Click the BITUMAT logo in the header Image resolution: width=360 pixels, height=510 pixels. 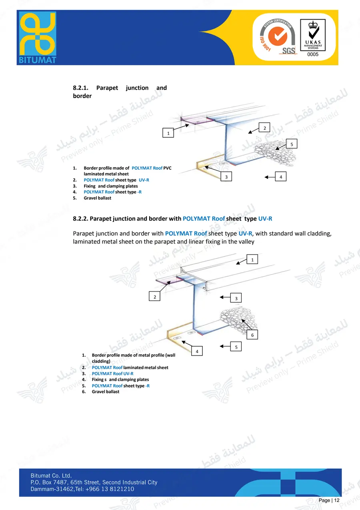click(x=38, y=38)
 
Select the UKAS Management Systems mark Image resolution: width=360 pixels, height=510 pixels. click(x=313, y=35)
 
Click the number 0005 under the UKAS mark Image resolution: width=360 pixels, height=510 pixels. click(x=313, y=54)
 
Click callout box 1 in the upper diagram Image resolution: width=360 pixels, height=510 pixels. click(x=168, y=133)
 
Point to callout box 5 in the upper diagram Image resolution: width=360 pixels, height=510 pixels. click(x=292, y=144)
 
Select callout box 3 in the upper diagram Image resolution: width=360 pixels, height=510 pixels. click(x=226, y=177)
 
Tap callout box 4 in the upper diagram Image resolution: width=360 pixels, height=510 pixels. click(x=280, y=177)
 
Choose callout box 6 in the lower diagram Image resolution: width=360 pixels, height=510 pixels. click(x=252, y=335)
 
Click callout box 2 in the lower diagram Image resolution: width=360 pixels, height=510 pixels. click(x=154, y=297)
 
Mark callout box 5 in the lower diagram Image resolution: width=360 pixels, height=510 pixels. click(x=236, y=347)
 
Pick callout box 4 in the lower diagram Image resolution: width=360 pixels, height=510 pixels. click(x=197, y=351)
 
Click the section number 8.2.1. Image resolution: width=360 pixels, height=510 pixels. click(x=80, y=88)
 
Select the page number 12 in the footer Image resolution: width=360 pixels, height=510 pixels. click(x=336, y=500)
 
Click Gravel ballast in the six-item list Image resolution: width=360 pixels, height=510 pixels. click(x=105, y=392)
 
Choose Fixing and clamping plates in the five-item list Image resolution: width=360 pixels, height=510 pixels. click(x=110, y=186)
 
